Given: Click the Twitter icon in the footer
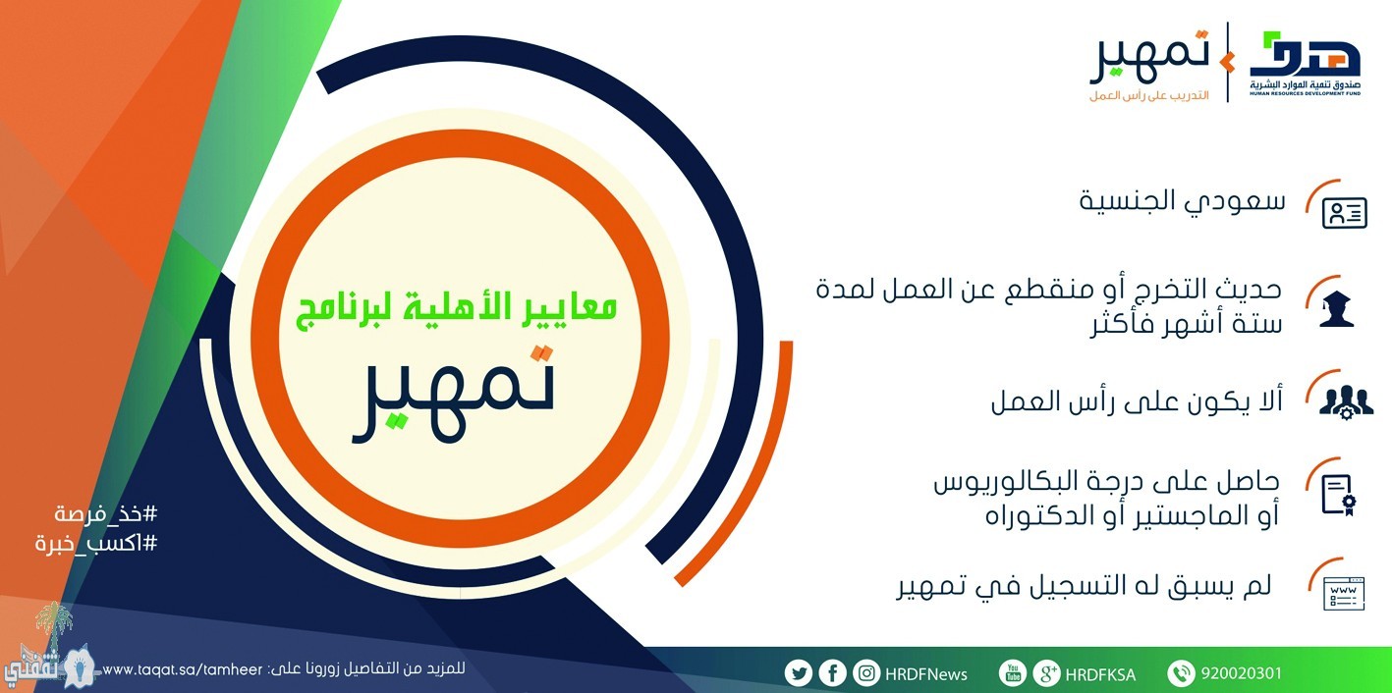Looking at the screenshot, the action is pos(798,673).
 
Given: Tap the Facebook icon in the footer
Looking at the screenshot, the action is pos(832,672).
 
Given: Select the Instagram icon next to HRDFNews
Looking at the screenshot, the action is pos(866,672).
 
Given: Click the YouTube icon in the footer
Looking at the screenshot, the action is pos(1012,672).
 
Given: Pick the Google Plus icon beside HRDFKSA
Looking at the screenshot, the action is pos(1046,672).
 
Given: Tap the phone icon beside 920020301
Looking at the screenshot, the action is pos(1181,672).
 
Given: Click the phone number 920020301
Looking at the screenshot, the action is pos(1241,673).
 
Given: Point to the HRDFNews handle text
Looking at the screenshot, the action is pos(926,674).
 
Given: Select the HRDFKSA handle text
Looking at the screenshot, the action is pos(1100,674).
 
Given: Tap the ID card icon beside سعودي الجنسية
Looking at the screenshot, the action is pos(1344,213).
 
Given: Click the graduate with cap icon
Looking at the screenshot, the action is pos(1337,308).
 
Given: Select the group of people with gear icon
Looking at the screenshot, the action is pos(1346,402).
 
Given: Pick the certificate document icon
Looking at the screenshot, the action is pos(1338,495).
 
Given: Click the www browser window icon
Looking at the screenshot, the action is pos(1344,593).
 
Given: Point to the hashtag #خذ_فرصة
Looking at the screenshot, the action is pos(106,513).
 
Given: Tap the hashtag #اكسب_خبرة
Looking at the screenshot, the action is pos(96,543).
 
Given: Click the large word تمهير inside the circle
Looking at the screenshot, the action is pos(453,395).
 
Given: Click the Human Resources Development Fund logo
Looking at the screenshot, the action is pos(1305,64).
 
